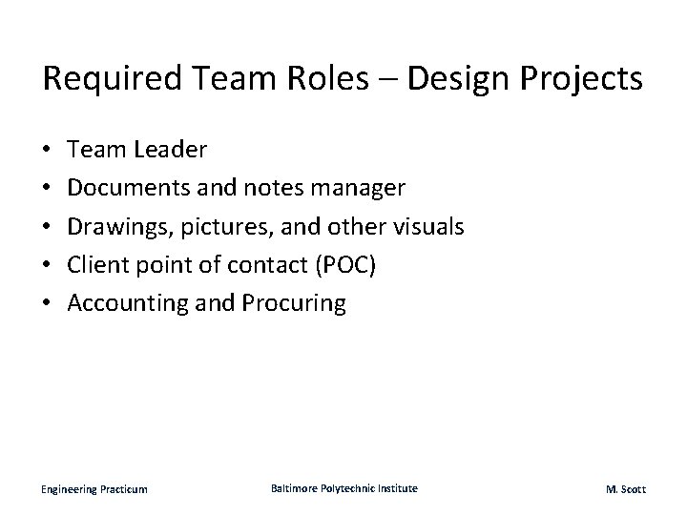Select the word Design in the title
pos(453,79)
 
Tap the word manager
pos(365,188)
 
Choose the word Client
pos(98,265)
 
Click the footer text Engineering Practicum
pos(94,489)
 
